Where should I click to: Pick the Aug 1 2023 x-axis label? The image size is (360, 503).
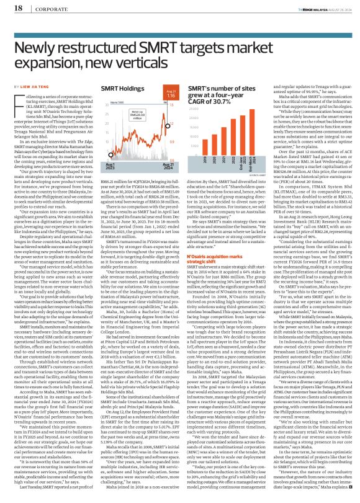92,163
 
